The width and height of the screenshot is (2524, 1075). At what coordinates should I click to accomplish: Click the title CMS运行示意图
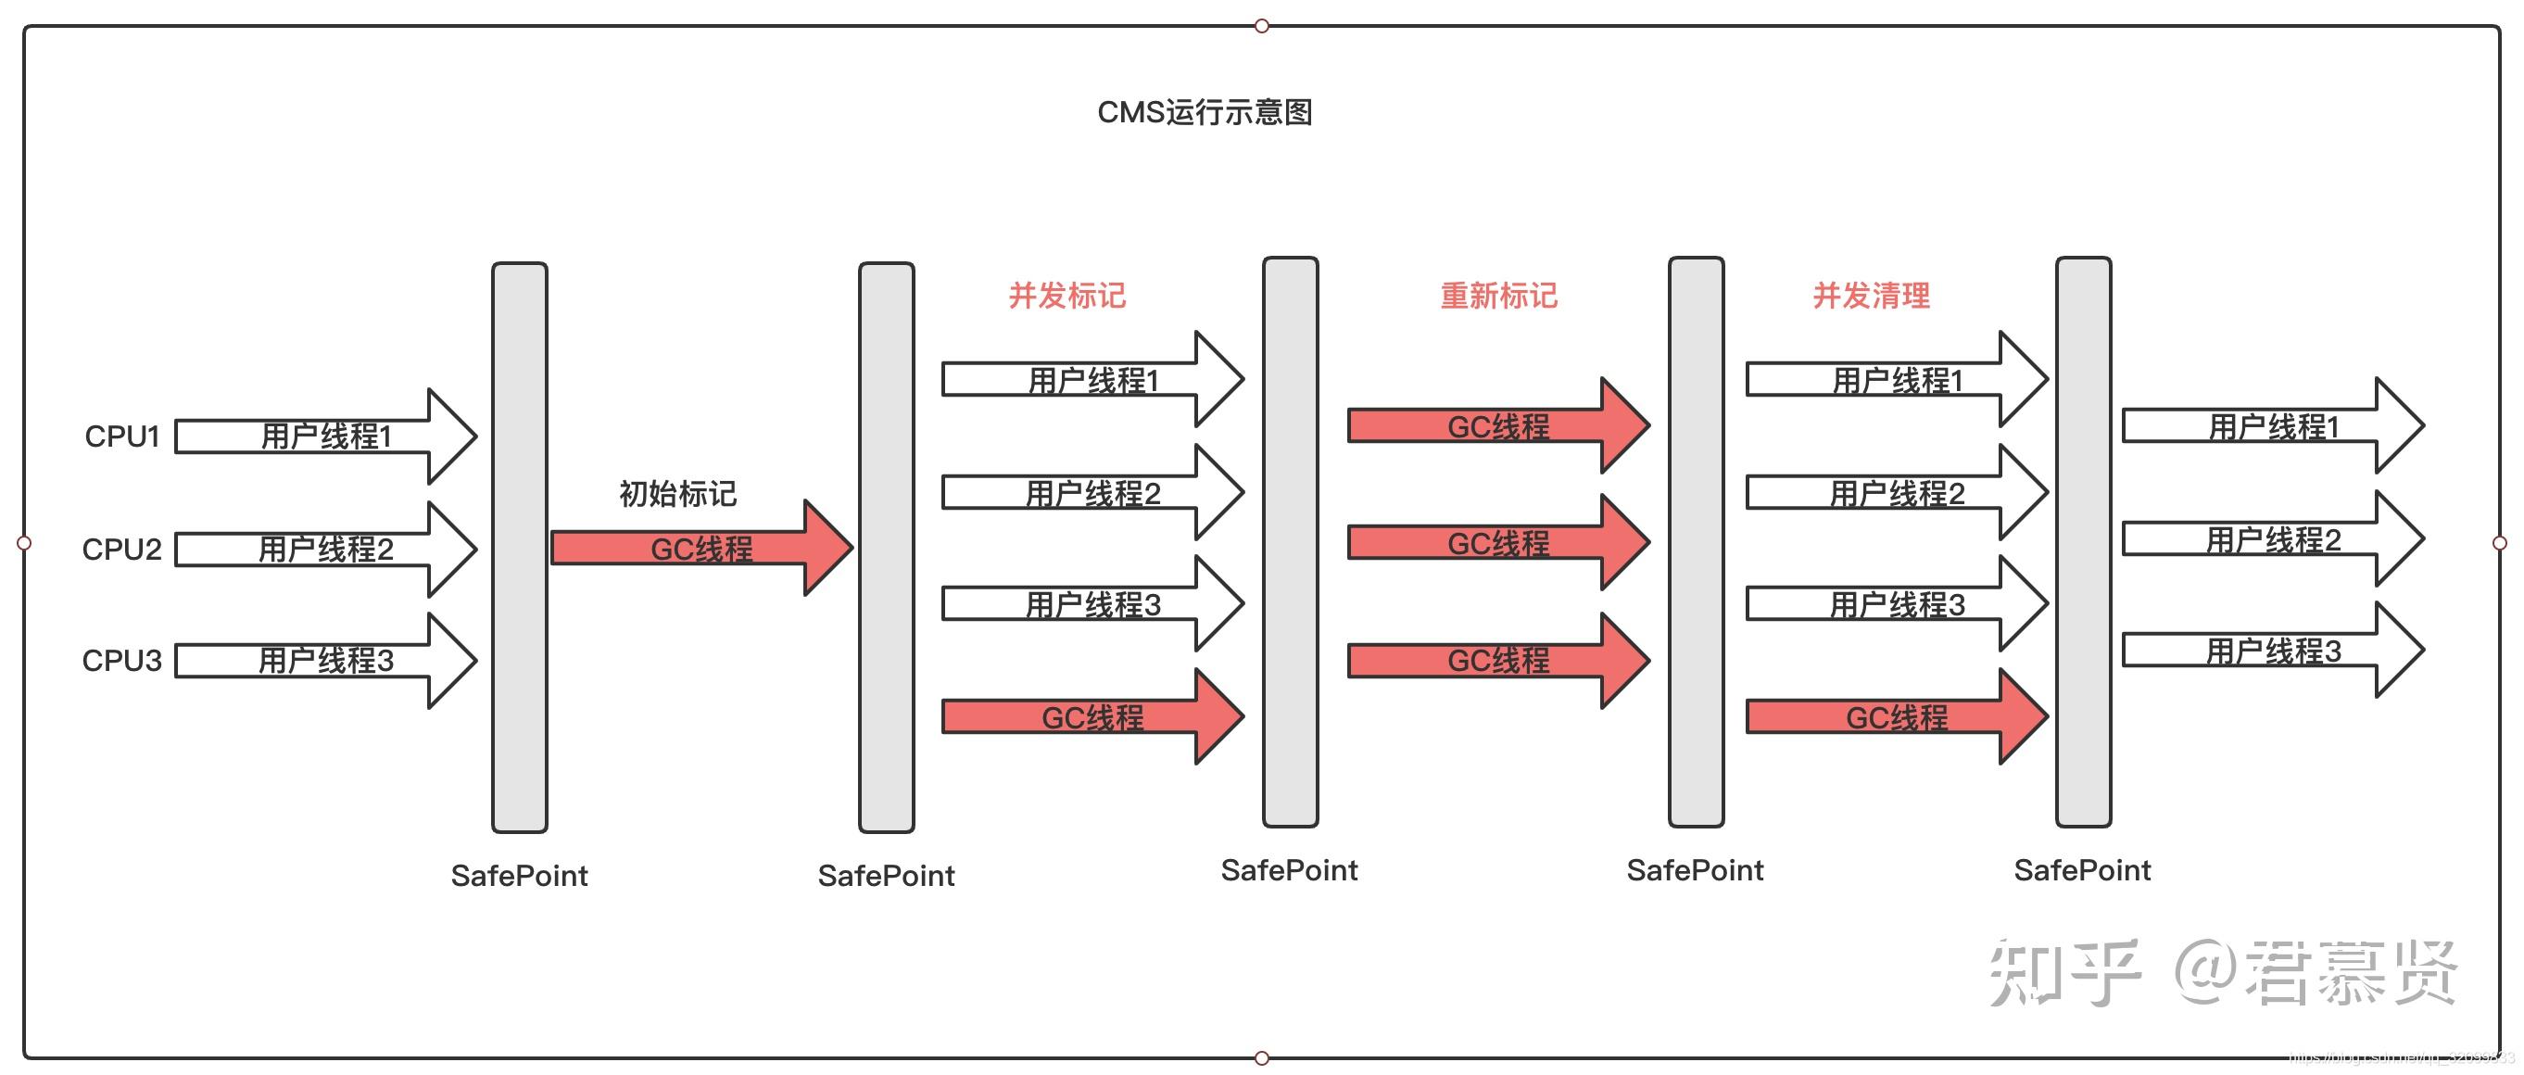(x=1205, y=113)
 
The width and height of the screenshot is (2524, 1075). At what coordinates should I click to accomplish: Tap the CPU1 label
(x=121, y=436)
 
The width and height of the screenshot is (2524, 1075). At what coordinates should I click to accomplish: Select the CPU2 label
(x=121, y=549)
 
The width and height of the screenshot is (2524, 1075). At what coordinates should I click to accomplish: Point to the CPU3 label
(x=121, y=661)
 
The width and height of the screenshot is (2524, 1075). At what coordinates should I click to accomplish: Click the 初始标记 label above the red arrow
(x=677, y=493)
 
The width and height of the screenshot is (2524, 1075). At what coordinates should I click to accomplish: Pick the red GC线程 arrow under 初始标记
(x=700, y=548)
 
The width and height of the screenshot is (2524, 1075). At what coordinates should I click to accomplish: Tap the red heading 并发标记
(x=1067, y=295)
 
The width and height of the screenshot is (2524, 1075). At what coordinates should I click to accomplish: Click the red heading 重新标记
(x=1498, y=295)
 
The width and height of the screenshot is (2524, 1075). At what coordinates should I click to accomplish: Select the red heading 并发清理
(x=1871, y=295)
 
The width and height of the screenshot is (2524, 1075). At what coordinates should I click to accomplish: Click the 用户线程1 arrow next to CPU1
(x=325, y=436)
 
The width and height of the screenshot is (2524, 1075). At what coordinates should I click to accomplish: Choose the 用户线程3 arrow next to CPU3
(x=325, y=661)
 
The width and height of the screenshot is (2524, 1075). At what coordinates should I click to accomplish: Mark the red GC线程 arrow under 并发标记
(x=1092, y=717)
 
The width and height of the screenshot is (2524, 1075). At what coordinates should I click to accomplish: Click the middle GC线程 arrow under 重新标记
(x=1498, y=543)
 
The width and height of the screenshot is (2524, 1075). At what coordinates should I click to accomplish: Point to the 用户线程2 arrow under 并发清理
(x=1896, y=493)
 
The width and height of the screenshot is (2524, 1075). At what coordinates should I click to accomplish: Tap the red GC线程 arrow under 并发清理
(x=1896, y=717)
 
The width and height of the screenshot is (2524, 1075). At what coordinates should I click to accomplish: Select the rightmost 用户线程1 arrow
(x=2272, y=426)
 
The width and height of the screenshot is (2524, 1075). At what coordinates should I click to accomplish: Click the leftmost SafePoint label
(x=519, y=875)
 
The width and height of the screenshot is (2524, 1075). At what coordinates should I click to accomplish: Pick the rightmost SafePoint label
(x=2082, y=870)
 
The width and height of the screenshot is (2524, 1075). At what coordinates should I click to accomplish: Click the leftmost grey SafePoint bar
(x=519, y=547)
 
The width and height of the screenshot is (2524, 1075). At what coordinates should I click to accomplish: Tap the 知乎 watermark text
(x=2063, y=972)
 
